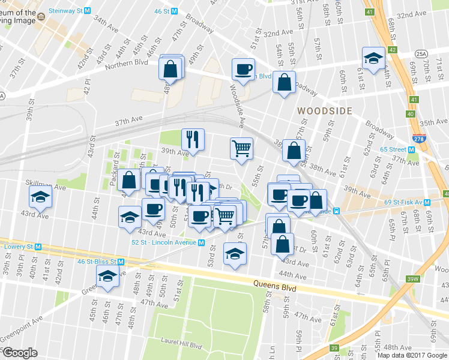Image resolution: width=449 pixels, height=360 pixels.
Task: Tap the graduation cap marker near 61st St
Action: click(x=373, y=59)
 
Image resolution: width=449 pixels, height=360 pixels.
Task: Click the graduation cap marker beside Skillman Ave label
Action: click(x=40, y=197)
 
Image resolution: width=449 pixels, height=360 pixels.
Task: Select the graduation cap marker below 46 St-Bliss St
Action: click(x=108, y=277)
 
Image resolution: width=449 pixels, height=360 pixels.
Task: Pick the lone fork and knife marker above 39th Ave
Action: click(x=193, y=140)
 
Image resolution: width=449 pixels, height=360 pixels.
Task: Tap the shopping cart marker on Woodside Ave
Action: click(x=241, y=148)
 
